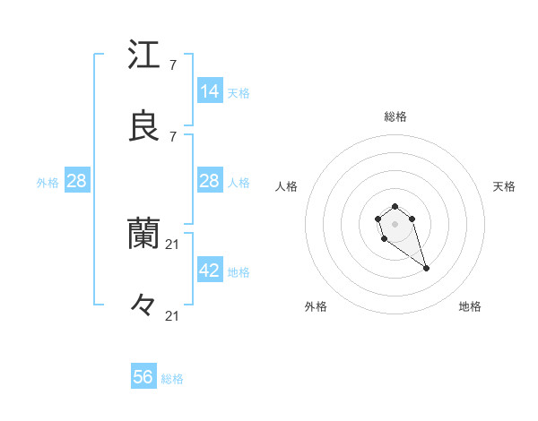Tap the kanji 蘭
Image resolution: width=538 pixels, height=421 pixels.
point(143,233)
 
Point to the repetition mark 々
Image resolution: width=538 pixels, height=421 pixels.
point(143,305)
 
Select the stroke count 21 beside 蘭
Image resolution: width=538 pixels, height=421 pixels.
point(174,244)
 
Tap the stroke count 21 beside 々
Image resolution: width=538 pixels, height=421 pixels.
point(174,315)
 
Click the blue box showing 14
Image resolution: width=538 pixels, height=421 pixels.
point(210,91)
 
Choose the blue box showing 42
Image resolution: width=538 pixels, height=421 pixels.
point(210,271)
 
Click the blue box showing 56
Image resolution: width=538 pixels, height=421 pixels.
point(143,377)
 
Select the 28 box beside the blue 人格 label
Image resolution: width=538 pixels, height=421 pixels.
point(210,181)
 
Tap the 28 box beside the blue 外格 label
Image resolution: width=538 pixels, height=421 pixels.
point(77,181)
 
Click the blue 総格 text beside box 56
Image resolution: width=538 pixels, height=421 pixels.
point(172,379)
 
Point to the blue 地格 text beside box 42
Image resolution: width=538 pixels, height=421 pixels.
point(239,272)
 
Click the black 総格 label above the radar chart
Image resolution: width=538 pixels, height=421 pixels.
point(395,116)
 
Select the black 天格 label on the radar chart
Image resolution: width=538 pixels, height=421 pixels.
point(504,186)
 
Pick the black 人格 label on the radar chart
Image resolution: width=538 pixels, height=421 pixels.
point(287,186)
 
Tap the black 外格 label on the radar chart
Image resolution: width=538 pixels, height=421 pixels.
point(316,306)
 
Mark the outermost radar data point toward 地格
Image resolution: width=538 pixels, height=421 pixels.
point(426,268)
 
